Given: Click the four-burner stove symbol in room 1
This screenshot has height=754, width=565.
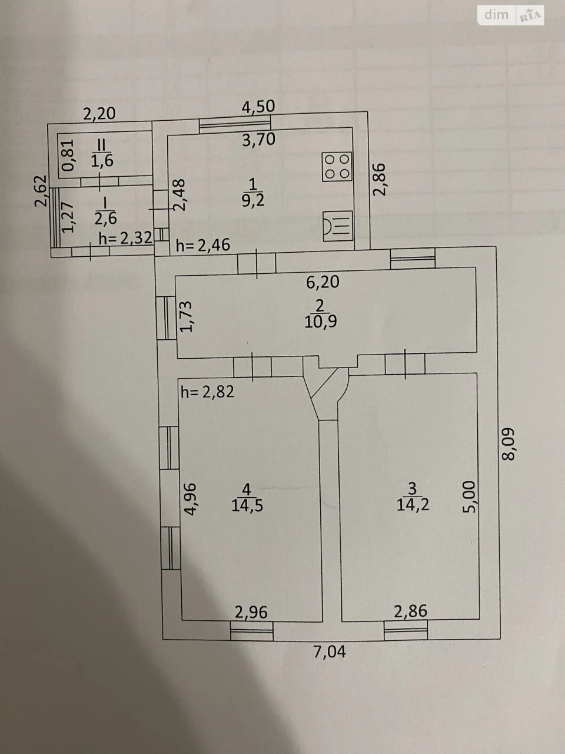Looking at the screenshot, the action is [x=337, y=167].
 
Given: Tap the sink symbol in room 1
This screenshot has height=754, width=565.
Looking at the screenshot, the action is [x=338, y=226].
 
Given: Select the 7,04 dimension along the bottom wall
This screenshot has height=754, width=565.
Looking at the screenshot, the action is [x=330, y=652].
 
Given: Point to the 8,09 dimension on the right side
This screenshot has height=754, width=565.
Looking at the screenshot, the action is [x=508, y=444].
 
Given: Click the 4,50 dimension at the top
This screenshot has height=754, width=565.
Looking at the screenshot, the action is [x=258, y=107].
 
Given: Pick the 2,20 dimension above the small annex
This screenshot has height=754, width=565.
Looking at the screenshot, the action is [x=99, y=114].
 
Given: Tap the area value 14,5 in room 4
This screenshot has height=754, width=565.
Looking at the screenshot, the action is [x=247, y=505].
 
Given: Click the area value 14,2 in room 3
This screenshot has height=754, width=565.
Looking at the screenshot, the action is [x=413, y=505].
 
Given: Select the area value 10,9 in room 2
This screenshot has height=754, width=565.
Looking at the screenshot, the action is [x=321, y=322].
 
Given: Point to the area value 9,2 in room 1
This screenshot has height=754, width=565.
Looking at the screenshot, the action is [x=253, y=200].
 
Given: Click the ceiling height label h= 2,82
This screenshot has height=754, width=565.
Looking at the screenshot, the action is [x=208, y=392].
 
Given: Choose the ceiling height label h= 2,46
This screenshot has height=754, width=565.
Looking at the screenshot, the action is [x=202, y=245].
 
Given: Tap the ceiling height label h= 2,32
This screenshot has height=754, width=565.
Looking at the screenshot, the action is [x=125, y=238].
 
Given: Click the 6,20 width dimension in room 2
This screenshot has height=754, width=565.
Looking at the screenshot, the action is [x=323, y=282].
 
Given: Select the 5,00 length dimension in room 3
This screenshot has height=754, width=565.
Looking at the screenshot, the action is [x=470, y=497].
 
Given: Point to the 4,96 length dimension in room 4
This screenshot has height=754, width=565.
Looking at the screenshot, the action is [x=190, y=499].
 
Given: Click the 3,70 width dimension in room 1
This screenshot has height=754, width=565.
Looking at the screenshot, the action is [x=258, y=140].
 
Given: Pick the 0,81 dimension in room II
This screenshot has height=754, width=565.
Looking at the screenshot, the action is [x=68, y=155].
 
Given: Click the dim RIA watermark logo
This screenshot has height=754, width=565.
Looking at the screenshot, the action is [x=510, y=15].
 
